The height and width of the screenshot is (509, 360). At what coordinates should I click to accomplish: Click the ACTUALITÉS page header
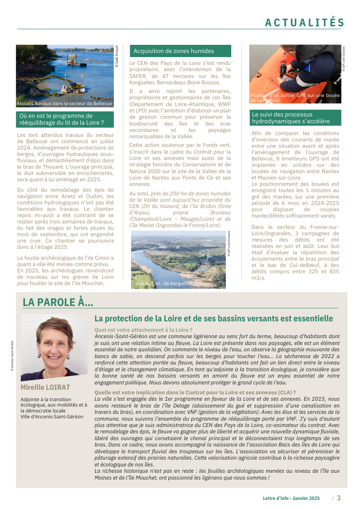tap(305, 22)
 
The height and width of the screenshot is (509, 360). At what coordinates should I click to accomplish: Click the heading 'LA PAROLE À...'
tap(58, 302)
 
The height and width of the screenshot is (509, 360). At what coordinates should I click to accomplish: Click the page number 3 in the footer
tap(338, 498)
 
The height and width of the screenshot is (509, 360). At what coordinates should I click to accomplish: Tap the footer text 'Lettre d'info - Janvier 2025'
tap(291, 498)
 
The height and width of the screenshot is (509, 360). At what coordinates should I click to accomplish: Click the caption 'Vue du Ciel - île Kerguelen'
tap(164, 284)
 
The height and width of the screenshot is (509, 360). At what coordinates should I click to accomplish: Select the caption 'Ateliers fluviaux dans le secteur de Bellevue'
tap(64, 104)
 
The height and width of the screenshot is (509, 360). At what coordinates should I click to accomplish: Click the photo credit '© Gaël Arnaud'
tap(117, 57)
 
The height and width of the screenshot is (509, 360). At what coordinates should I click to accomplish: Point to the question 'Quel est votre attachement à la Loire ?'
tap(143, 330)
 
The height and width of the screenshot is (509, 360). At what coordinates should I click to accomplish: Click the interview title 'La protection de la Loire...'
tap(214, 319)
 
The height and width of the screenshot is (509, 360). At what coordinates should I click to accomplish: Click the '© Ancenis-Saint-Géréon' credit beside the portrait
tap(12, 356)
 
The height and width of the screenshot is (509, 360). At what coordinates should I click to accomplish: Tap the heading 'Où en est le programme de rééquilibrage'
tap(62, 119)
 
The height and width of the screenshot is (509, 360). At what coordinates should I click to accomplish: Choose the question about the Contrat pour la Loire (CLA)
tap(195, 393)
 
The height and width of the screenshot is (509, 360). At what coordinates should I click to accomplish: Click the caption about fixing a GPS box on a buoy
tap(295, 98)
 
